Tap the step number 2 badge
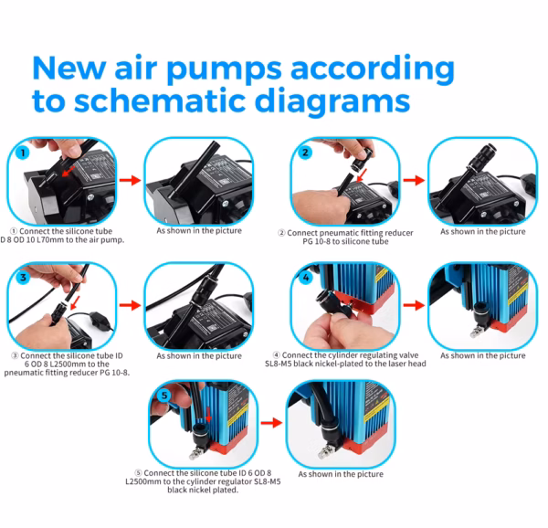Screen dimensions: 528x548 coord(305,153)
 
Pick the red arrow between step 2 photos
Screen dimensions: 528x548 coord(415,180)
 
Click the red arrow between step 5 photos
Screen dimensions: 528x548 coord(271,423)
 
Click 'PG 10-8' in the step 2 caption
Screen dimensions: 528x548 coord(321,241)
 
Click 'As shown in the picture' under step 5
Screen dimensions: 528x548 coord(340,474)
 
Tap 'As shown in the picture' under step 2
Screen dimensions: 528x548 coord(482,231)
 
